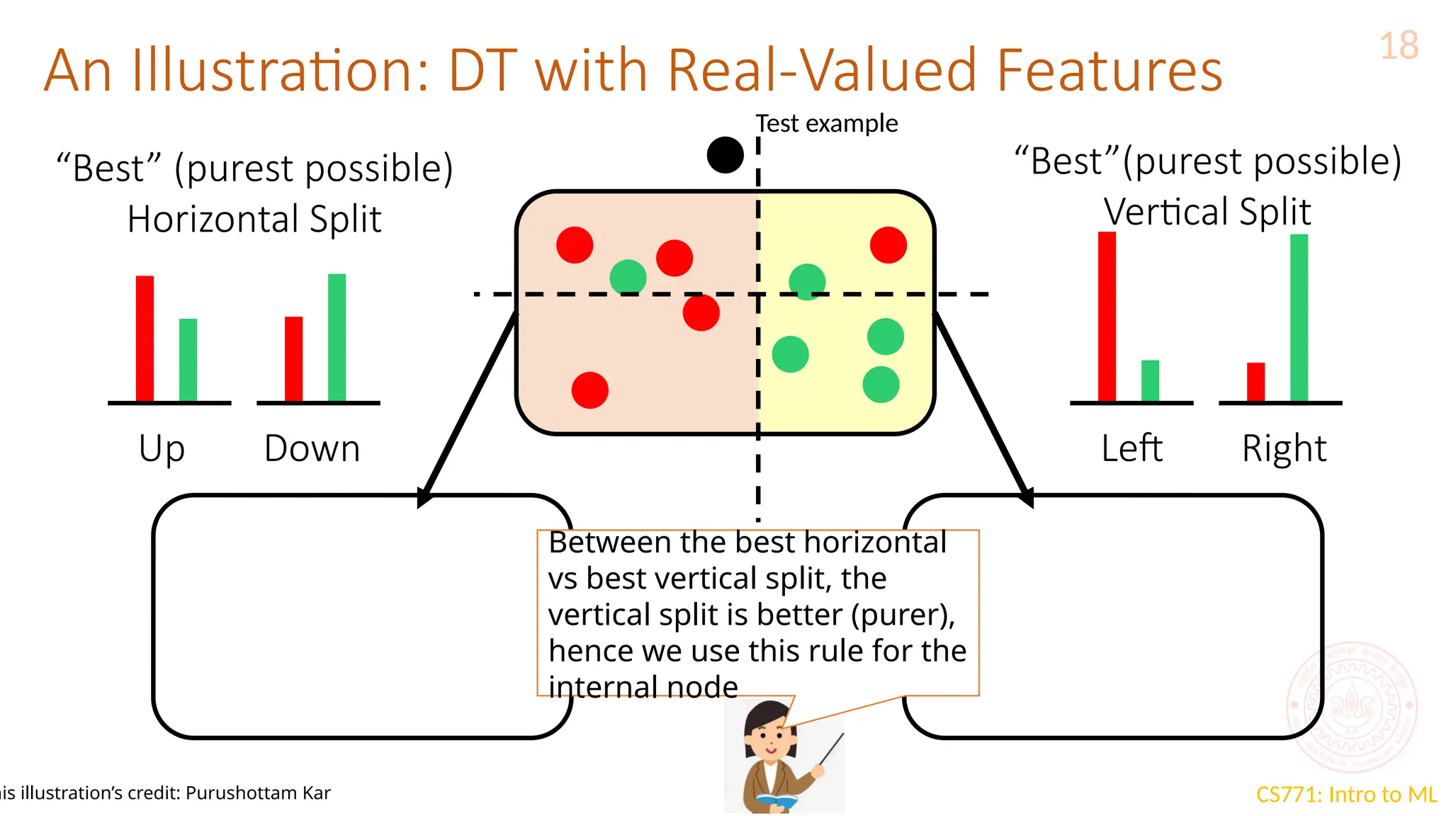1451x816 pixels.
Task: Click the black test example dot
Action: [x=725, y=154]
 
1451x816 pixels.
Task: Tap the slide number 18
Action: [x=1399, y=46]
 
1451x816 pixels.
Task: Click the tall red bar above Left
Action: [x=1107, y=317]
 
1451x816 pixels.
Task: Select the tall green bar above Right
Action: [x=1299, y=318]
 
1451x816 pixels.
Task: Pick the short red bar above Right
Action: [x=1255, y=382]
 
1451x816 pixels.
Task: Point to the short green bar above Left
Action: [x=1150, y=380]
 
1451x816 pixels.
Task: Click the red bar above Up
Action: [x=145, y=339]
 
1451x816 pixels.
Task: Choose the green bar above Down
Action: [x=337, y=338]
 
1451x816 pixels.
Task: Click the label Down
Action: [x=312, y=448]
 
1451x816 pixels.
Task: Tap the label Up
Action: [x=162, y=449]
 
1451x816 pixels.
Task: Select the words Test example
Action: [x=826, y=123]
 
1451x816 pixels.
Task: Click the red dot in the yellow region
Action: [x=888, y=245]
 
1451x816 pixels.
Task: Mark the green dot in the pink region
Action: [x=628, y=277]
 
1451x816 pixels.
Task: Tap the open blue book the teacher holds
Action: [x=777, y=801]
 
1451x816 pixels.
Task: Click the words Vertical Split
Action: [x=1207, y=212]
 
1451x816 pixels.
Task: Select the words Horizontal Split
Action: [x=254, y=219]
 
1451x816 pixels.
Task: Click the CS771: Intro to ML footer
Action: [x=1346, y=794]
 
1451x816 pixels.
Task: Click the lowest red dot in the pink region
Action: [x=589, y=390]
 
